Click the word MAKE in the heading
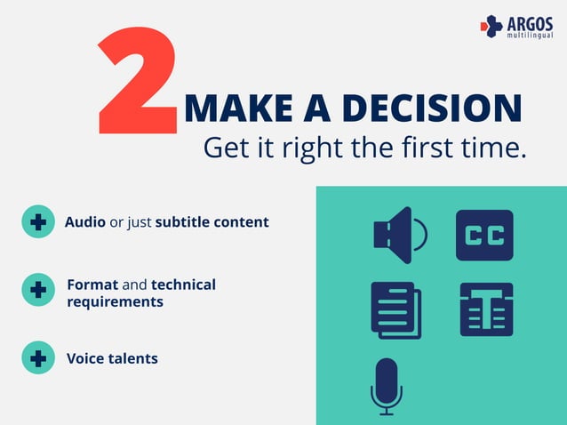pyautogui.click(x=226, y=109)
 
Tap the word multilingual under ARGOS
pyautogui.click(x=529, y=36)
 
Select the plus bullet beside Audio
pyautogui.click(x=38, y=222)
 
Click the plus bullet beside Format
pyautogui.click(x=38, y=290)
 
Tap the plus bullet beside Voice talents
pyautogui.click(x=38, y=358)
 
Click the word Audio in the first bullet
pyautogui.click(x=84, y=222)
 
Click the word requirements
pyautogui.click(x=115, y=301)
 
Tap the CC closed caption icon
pyautogui.click(x=484, y=236)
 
